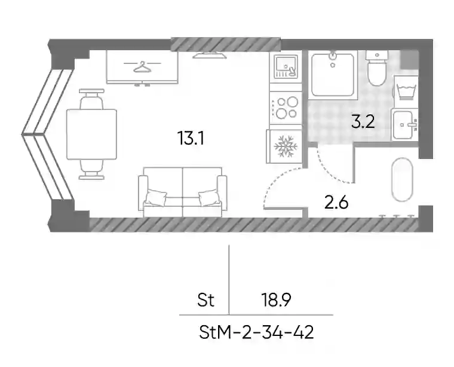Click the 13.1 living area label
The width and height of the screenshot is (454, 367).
(x=191, y=138)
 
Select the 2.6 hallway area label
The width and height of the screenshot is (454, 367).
(x=336, y=203)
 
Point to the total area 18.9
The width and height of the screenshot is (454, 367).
(x=276, y=300)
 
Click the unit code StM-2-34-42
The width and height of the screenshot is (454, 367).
(x=256, y=332)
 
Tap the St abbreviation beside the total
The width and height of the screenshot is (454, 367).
(x=206, y=300)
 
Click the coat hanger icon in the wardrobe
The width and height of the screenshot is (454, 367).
(x=142, y=66)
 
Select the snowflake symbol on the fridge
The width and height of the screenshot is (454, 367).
(x=286, y=146)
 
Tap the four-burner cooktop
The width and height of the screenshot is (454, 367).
(x=286, y=108)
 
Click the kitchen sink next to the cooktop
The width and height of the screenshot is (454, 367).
(x=286, y=67)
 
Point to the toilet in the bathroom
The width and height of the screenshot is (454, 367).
(x=376, y=68)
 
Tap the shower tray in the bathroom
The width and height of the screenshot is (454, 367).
(x=333, y=75)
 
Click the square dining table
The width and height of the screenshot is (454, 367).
(x=92, y=134)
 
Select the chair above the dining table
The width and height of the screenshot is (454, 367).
(x=91, y=99)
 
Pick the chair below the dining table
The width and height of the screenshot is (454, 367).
(x=91, y=169)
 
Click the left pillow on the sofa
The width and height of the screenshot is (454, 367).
(x=156, y=197)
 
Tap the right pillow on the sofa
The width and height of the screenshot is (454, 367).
(x=209, y=197)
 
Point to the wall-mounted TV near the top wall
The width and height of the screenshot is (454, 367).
(x=210, y=55)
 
